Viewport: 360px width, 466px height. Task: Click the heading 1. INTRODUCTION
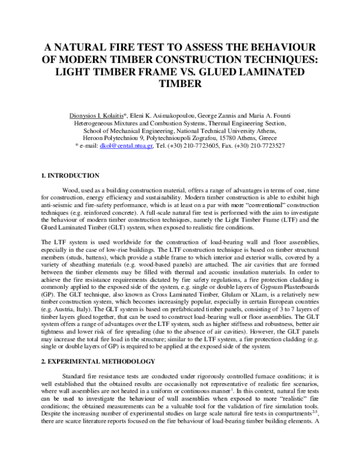coord(70,175)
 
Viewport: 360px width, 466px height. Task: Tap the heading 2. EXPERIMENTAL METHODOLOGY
coord(98,361)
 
